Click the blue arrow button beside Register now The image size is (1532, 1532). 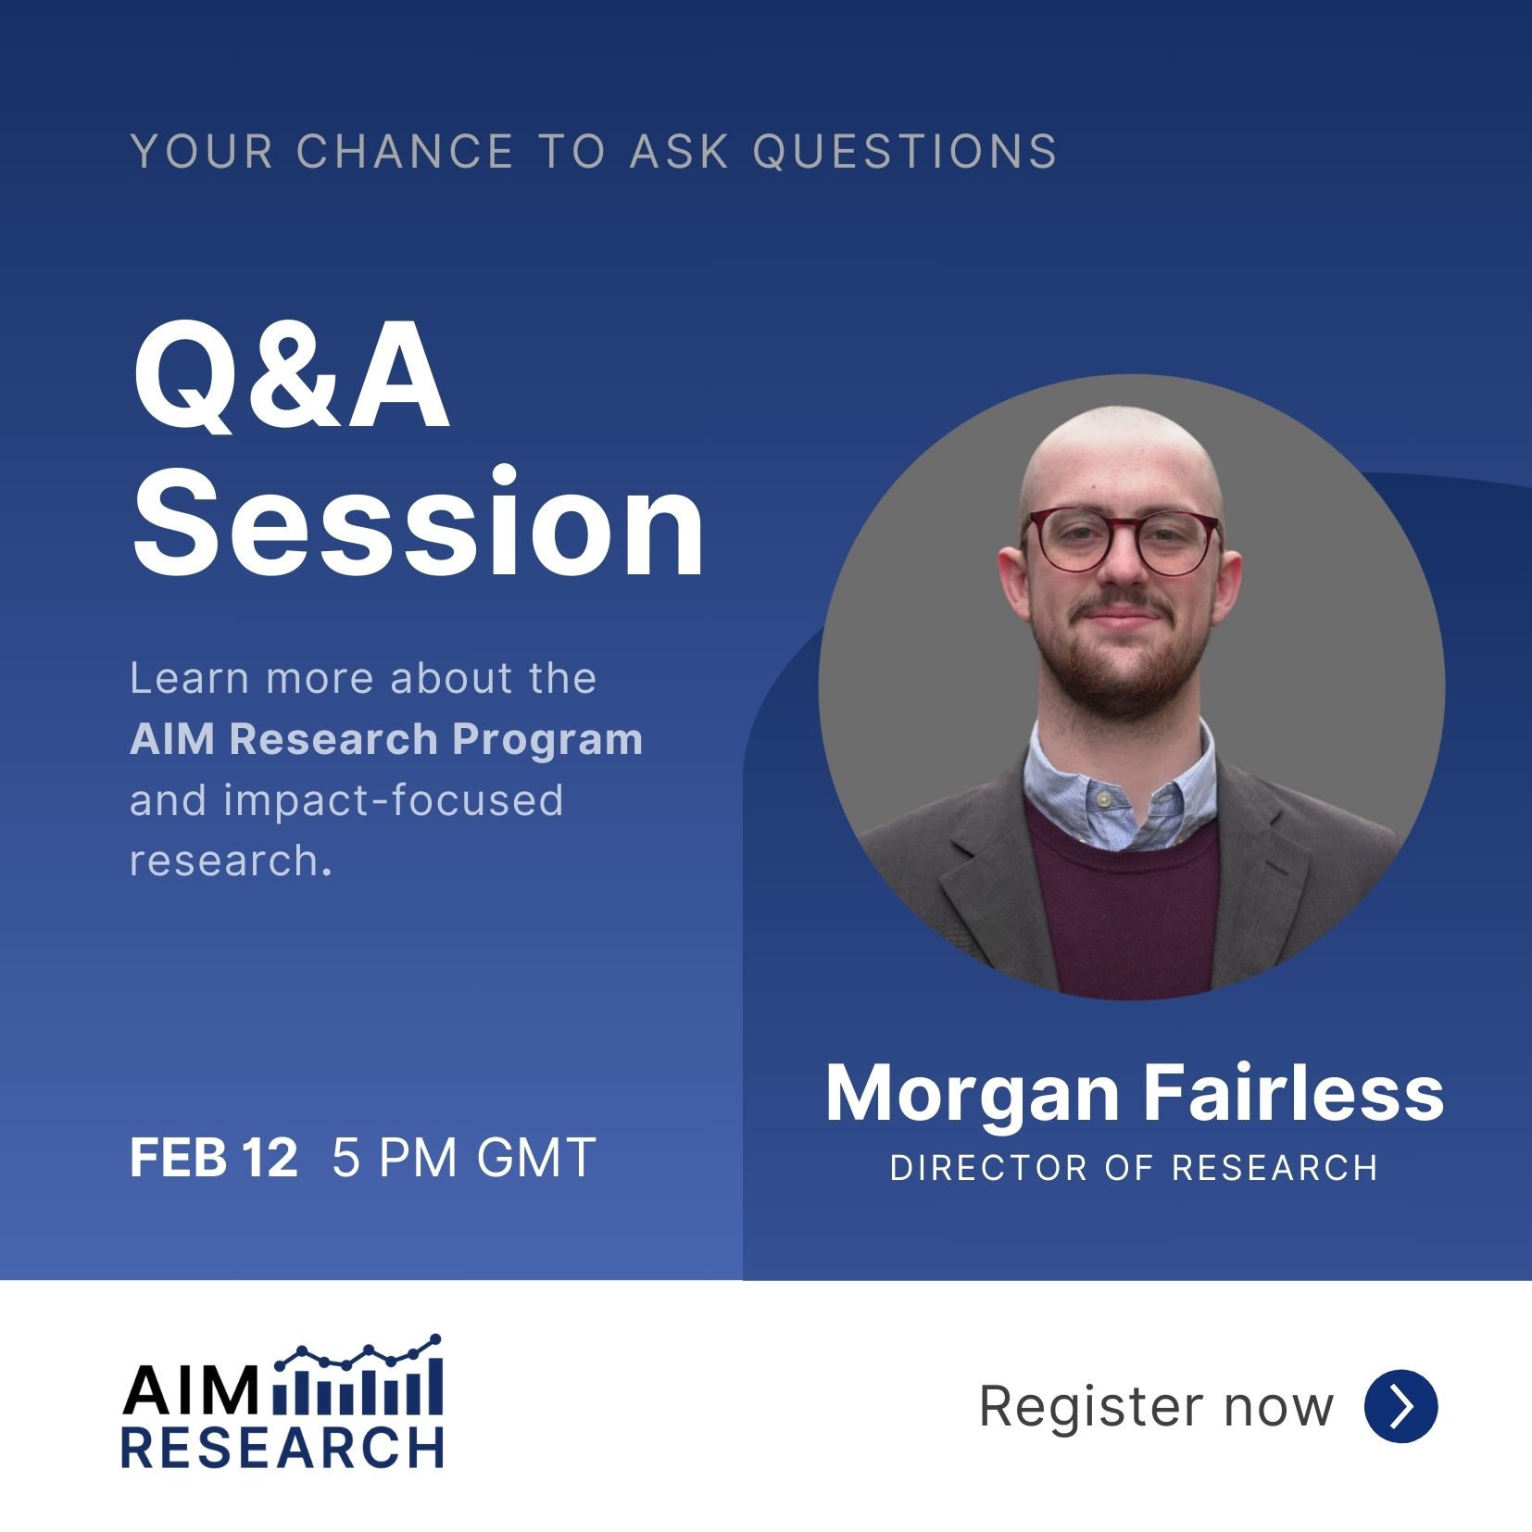[x=1400, y=1406]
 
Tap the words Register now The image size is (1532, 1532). [x=1156, y=1407]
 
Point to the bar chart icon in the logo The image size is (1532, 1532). [x=358, y=1375]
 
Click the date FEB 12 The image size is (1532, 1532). [x=213, y=1158]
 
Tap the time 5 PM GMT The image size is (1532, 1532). [x=463, y=1158]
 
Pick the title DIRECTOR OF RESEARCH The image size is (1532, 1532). [x=1134, y=1168]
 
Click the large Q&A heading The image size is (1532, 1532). [x=291, y=382]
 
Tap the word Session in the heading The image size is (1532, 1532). [x=418, y=523]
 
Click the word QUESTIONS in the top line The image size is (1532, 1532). [x=904, y=152]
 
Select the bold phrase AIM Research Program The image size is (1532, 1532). [x=386, y=740]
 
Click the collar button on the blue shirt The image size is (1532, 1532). [x=1103, y=798]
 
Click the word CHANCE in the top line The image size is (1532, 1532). [x=406, y=152]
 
